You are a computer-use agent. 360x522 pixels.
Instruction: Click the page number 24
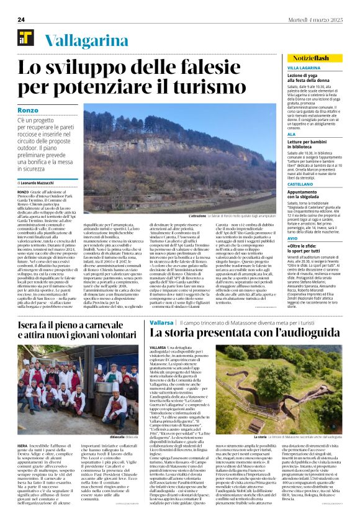coord(20,19)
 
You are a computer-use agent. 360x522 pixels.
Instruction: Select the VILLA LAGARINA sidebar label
coord(304,66)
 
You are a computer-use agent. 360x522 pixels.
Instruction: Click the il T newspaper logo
coord(25,40)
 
